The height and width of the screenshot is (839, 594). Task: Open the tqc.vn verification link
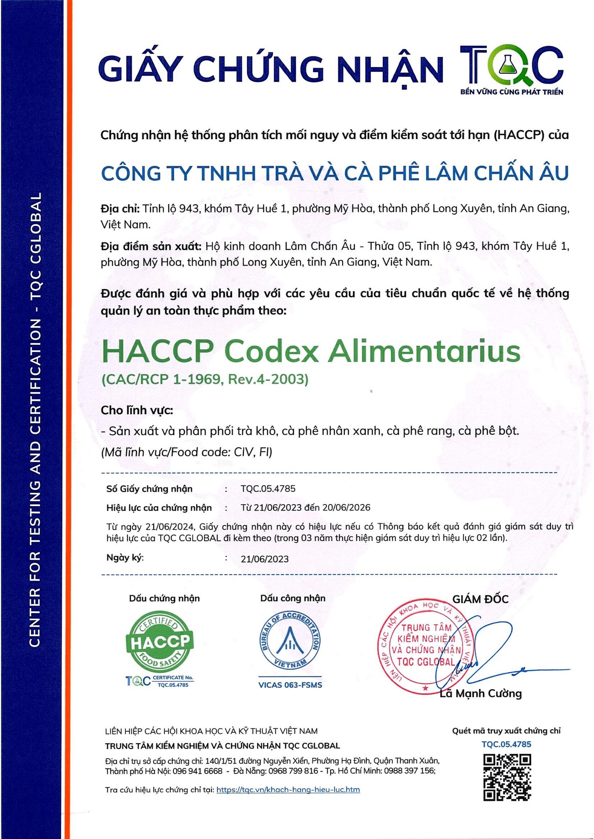[288, 789]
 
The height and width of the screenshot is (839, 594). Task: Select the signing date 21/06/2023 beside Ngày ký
[264, 559]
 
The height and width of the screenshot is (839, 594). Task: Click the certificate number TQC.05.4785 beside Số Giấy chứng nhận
[268, 489]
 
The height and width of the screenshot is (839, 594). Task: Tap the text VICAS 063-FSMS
[290, 685]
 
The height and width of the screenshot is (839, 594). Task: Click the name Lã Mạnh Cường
[480, 694]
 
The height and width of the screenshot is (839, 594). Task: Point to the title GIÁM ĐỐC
[480, 599]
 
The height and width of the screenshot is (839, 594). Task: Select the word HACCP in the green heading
[157, 351]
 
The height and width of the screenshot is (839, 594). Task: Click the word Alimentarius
[424, 351]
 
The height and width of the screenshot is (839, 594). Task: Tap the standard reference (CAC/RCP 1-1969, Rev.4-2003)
[205, 379]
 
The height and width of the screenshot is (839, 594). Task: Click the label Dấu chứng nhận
[164, 599]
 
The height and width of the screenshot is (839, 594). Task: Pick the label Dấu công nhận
[293, 598]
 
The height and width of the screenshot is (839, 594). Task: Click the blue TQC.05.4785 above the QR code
[506, 744]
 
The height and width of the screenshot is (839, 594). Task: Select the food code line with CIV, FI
[187, 452]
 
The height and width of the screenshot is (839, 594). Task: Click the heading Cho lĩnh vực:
[137, 410]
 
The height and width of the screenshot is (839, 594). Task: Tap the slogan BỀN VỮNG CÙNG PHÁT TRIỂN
[512, 92]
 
